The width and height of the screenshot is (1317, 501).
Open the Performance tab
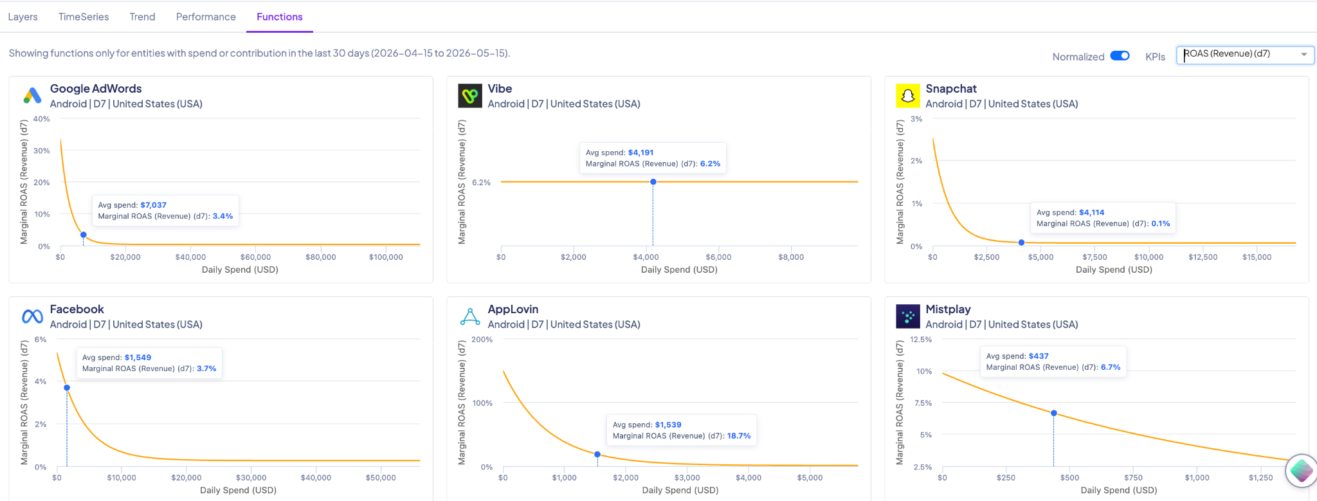(x=206, y=17)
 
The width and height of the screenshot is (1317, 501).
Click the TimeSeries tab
(x=84, y=17)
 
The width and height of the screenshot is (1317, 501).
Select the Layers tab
(x=23, y=17)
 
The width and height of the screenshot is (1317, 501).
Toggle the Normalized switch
(x=1120, y=56)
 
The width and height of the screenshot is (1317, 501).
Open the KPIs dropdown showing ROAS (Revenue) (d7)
(x=1245, y=55)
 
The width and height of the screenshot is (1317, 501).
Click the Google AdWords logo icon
(x=32, y=96)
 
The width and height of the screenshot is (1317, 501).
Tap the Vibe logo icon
(x=470, y=96)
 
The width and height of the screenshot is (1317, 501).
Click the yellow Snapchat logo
(x=907, y=96)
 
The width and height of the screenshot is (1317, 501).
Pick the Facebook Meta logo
(x=32, y=316)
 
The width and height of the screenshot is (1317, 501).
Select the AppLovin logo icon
(x=470, y=316)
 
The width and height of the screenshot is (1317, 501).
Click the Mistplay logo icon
(x=907, y=316)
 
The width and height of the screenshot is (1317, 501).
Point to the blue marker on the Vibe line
(x=653, y=182)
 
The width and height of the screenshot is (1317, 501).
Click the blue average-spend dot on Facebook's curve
(x=67, y=388)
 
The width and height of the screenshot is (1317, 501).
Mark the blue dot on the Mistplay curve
(x=1053, y=413)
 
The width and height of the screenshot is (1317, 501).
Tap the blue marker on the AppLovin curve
(x=597, y=454)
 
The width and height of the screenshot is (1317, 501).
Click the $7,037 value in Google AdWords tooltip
(x=153, y=205)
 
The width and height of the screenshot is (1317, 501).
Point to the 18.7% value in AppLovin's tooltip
(x=739, y=436)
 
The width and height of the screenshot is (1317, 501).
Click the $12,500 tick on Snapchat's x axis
(x=1203, y=257)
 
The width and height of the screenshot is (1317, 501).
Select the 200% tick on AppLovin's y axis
(x=482, y=340)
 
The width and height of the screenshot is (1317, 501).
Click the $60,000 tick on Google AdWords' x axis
(x=255, y=257)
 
